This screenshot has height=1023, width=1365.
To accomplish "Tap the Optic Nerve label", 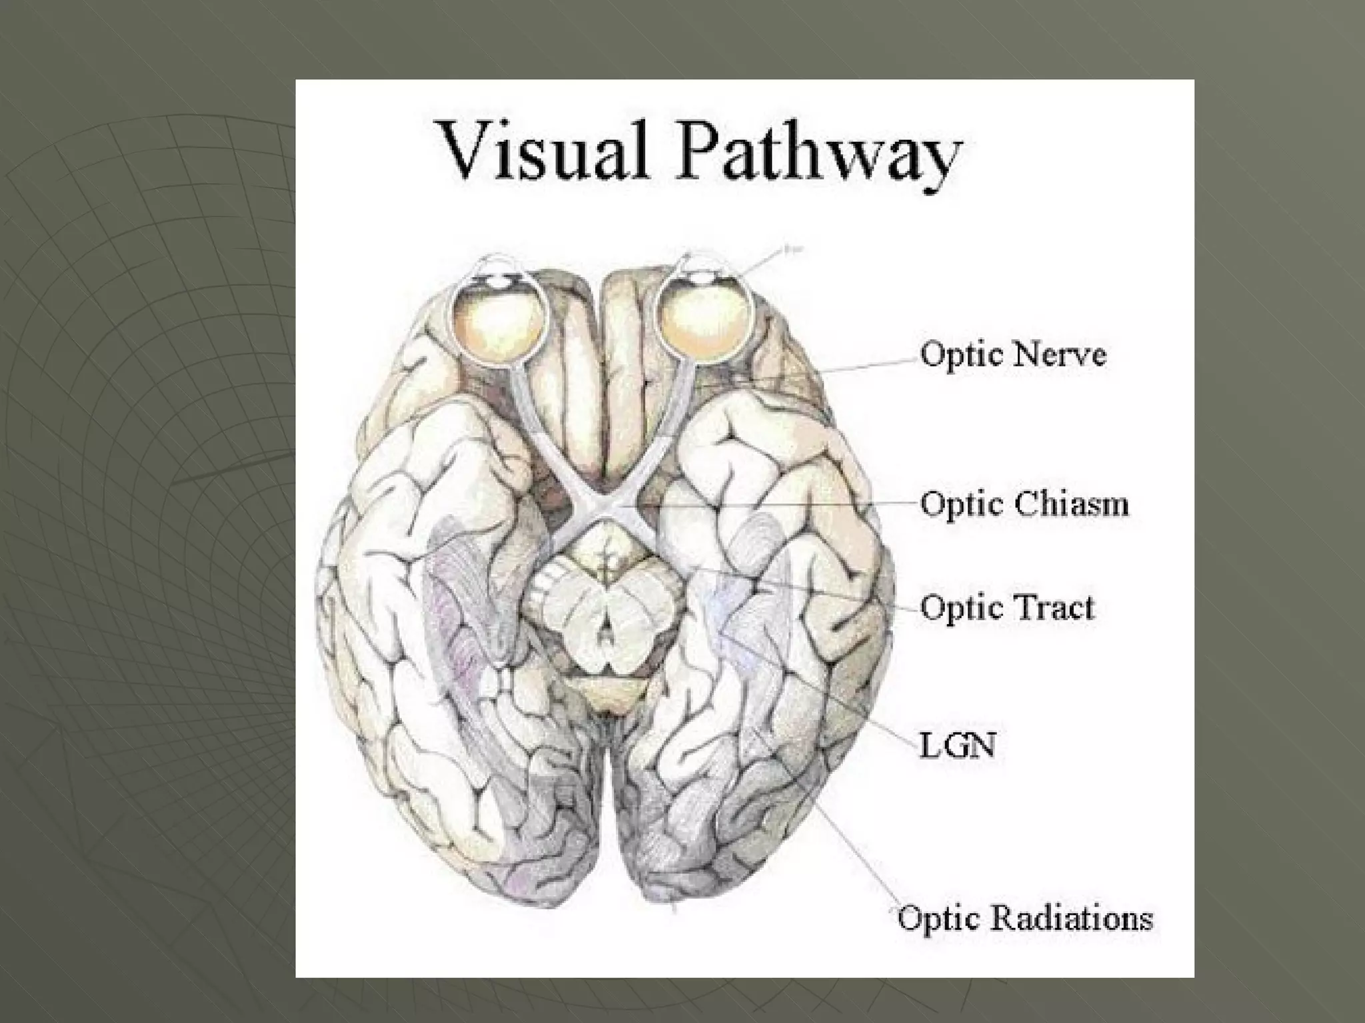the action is tap(1013, 354).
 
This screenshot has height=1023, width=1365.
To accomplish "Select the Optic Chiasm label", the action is tap(1024, 504).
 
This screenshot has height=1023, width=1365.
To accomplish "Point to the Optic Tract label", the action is tap(1007, 607).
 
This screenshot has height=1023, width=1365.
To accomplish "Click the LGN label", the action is tap(958, 746).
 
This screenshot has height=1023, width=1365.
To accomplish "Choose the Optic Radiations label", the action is tap(1025, 918).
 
